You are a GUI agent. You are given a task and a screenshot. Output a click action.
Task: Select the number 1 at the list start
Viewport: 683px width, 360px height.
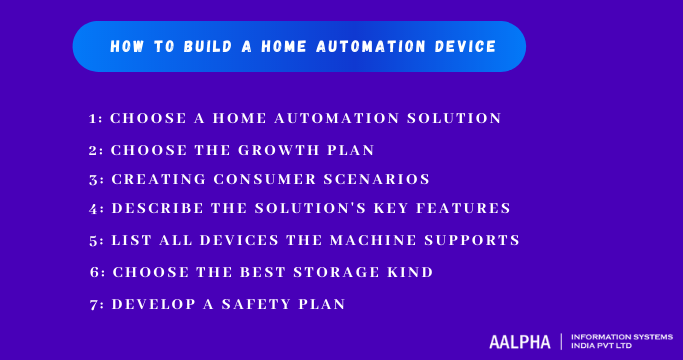pyautogui.click(x=94, y=118)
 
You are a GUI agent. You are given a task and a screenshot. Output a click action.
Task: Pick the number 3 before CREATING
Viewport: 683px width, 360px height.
pyautogui.click(x=94, y=179)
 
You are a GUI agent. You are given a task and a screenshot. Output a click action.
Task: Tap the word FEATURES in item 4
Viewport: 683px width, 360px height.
pyautogui.click(x=466, y=208)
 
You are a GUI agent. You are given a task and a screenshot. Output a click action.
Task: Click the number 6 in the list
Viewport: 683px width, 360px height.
pyautogui.click(x=94, y=272)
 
